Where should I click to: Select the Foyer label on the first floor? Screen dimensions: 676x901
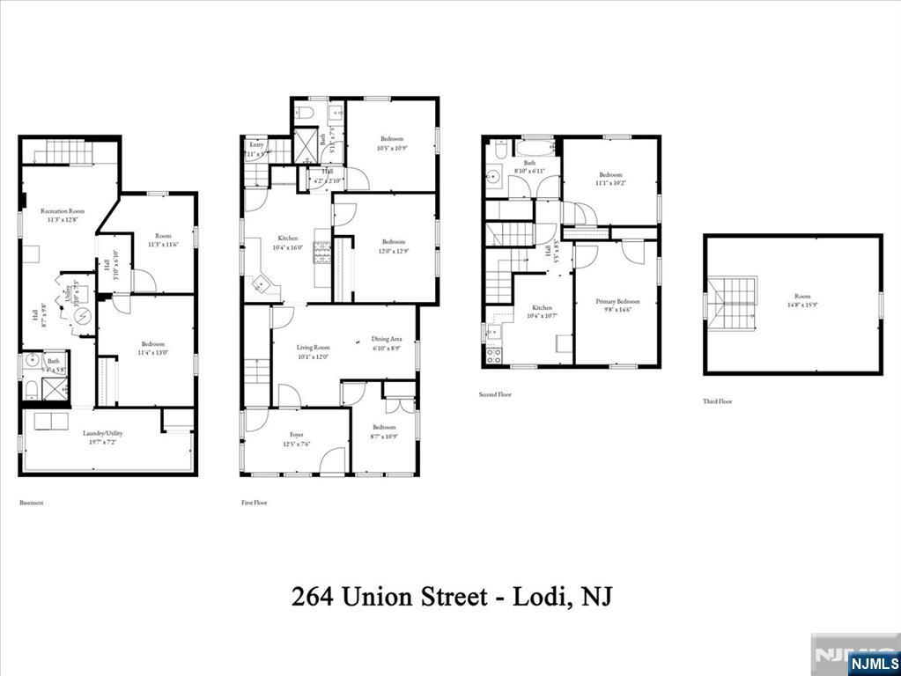(296, 434)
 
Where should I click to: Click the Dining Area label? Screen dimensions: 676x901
(387, 339)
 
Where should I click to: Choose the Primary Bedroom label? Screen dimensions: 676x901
(617, 301)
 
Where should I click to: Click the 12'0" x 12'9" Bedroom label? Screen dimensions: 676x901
(393, 241)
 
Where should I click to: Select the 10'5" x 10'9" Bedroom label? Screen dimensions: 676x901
(393, 139)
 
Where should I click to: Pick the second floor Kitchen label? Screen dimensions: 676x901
(541, 308)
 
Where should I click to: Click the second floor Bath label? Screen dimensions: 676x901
(529, 163)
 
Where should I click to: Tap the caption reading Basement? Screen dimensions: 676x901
(32, 503)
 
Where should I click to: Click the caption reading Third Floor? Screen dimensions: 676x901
(717, 401)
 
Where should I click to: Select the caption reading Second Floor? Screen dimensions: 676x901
(496, 394)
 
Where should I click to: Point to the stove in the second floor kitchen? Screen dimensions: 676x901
(493, 356)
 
